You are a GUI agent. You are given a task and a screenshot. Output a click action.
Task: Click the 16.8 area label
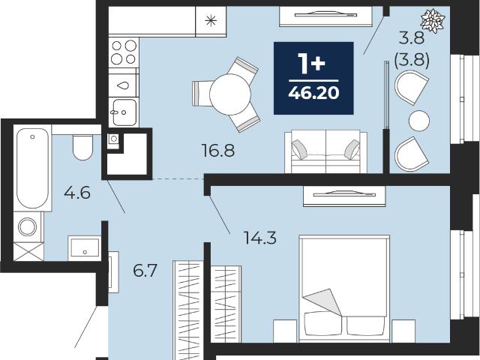[218, 151]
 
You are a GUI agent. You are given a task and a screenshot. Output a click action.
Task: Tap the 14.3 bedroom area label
[260, 238]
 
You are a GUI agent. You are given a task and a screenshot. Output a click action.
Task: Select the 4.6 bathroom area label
[77, 193]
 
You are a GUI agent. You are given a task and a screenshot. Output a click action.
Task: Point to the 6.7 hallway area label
[145, 270]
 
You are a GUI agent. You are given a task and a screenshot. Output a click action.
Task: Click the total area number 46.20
[313, 93]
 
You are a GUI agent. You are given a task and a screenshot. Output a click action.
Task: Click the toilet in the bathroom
[82, 147]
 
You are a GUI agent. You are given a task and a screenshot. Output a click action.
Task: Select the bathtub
[32, 168]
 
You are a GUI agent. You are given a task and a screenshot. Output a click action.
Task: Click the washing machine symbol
[28, 226]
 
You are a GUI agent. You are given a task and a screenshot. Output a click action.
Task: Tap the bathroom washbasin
[85, 247]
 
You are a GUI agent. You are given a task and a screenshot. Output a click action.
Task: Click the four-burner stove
[124, 52]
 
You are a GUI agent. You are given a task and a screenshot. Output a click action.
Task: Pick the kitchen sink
[124, 112]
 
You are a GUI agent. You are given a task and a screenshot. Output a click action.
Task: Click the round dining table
[230, 94]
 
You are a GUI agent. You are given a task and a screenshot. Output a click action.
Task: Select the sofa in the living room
[325, 151]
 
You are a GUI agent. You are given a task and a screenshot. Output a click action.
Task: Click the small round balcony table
[419, 121]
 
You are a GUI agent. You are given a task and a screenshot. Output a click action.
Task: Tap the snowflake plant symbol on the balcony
[432, 20]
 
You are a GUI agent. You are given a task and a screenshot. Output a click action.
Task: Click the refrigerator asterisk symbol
[211, 21]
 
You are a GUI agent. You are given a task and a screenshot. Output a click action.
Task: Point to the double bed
[344, 288]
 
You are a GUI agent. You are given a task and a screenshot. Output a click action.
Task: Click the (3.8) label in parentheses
[411, 61]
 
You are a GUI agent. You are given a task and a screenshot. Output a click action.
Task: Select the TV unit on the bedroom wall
[344, 196]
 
